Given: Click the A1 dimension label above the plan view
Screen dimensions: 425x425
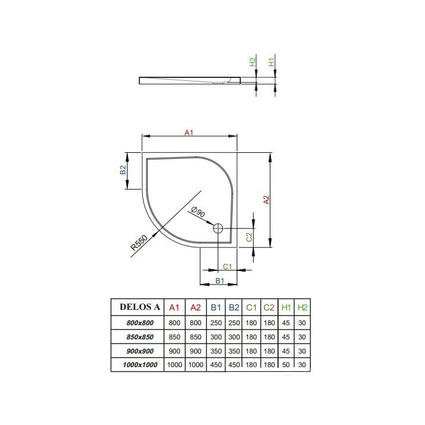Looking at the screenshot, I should pos(189,133).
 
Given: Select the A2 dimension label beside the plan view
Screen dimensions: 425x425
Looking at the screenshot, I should pos(266,200).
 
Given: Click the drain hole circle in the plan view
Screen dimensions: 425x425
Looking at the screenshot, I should pos(219,228).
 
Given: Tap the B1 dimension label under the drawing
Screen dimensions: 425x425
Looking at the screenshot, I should pos(219,280).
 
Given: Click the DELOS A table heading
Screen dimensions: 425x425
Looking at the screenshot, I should pos(140,306).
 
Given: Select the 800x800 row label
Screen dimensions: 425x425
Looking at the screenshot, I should pos(140,322).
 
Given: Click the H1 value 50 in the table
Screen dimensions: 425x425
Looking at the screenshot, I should pos(286,365).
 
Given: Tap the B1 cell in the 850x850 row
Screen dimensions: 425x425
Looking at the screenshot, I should pos(216,336).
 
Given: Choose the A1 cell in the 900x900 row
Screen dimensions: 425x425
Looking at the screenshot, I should pos(174,351).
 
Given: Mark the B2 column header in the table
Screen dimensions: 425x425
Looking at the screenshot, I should pos(234,307).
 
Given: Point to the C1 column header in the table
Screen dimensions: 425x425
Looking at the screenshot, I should pos(251,307).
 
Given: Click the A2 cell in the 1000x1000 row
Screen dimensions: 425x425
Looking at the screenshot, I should pos(195,365).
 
